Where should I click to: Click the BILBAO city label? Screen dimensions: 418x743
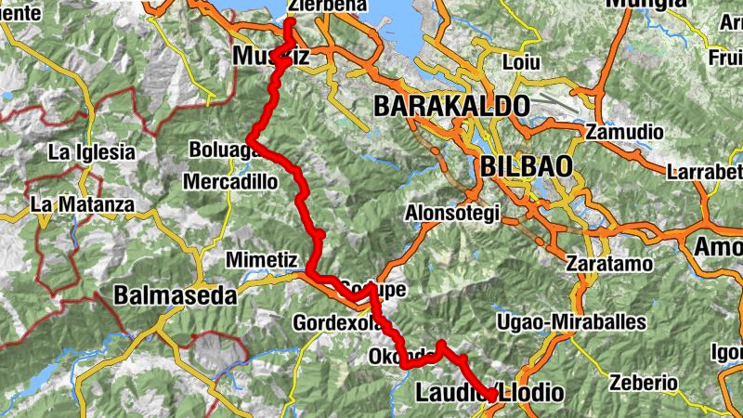(x=527, y=166)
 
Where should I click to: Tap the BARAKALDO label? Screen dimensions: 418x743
(x=451, y=106)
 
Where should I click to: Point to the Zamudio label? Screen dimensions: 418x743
(x=624, y=133)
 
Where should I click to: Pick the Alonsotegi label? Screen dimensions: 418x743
(x=452, y=213)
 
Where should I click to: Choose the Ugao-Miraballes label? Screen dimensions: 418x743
(x=584, y=321)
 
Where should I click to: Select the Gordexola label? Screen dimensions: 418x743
(x=337, y=323)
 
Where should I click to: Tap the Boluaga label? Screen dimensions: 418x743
(x=219, y=150)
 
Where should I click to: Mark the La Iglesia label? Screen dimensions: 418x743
(x=92, y=151)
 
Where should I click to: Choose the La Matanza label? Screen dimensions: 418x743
(x=83, y=203)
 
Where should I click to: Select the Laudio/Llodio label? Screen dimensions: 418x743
(x=489, y=393)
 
